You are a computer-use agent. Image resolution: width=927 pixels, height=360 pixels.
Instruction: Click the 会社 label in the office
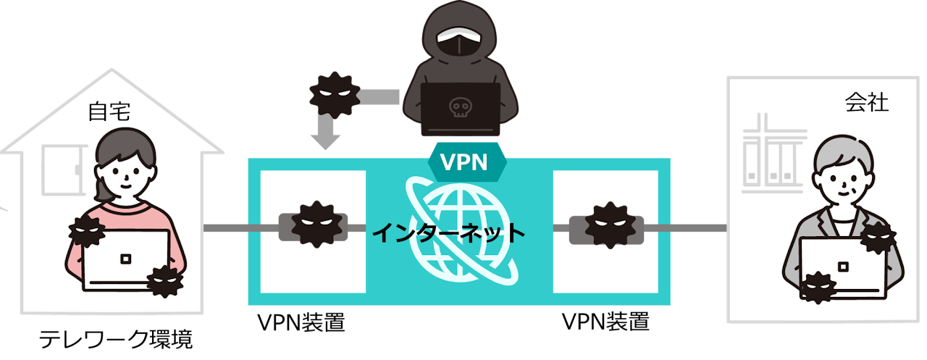(x=866, y=104)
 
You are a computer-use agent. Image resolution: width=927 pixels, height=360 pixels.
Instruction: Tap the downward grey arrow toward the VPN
(x=325, y=134)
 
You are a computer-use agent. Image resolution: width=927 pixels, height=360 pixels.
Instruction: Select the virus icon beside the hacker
(x=335, y=94)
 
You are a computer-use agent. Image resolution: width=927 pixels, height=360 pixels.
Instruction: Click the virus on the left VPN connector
(x=315, y=224)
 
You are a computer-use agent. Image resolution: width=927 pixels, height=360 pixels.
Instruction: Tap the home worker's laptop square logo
(x=125, y=259)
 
